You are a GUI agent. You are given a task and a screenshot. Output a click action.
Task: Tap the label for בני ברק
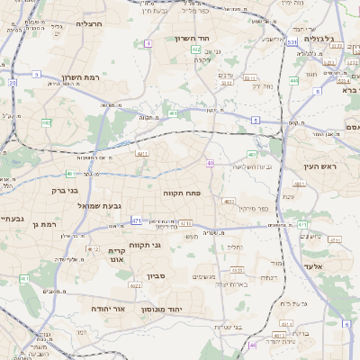coord(62,191)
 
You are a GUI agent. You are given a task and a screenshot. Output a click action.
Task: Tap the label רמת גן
coord(44,224)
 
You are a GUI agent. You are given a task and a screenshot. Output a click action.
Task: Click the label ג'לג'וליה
coord(319,40)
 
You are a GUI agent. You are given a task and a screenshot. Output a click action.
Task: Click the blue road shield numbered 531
coord(292,41)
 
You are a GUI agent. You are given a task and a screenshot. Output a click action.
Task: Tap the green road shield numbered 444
coord(294,81)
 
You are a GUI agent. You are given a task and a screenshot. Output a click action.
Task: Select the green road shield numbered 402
coord(196,50)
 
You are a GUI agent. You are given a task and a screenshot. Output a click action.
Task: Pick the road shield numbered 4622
coord(135,286)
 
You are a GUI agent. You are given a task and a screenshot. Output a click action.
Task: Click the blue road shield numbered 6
coord(347,323)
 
